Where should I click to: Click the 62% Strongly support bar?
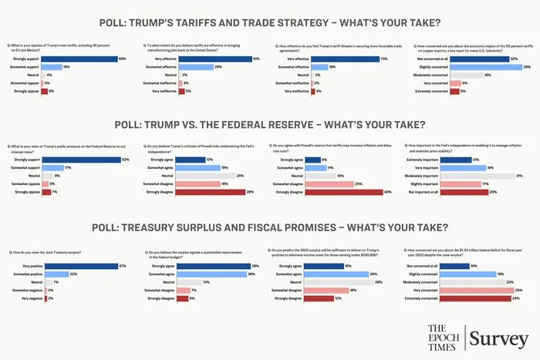click(x=75, y=160)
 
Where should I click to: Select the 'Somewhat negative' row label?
click(x=27, y=290)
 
